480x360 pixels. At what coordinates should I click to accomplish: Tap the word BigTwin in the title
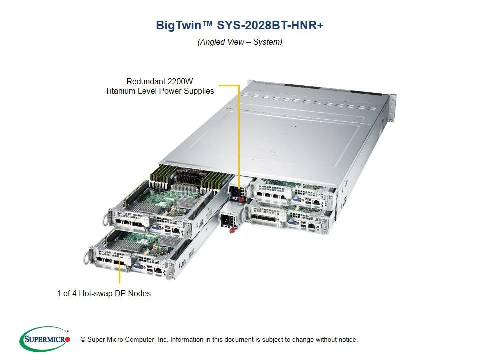tap(177, 26)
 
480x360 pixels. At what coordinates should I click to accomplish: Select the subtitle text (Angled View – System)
tap(240, 42)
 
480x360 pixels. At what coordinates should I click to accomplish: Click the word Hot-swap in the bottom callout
tap(96, 293)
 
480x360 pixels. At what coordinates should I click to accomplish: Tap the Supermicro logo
tap(45, 339)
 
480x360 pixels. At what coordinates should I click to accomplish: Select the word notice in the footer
tap(347, 340)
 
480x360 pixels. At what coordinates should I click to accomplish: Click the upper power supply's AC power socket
tap(234, 192)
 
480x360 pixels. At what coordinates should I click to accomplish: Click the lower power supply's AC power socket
tap(227, 219)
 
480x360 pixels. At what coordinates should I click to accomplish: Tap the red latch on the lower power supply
tap(232, 230)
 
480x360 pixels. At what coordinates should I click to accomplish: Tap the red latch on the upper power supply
tap(243, 200)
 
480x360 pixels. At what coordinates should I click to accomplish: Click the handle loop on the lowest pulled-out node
tap(85, 257)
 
